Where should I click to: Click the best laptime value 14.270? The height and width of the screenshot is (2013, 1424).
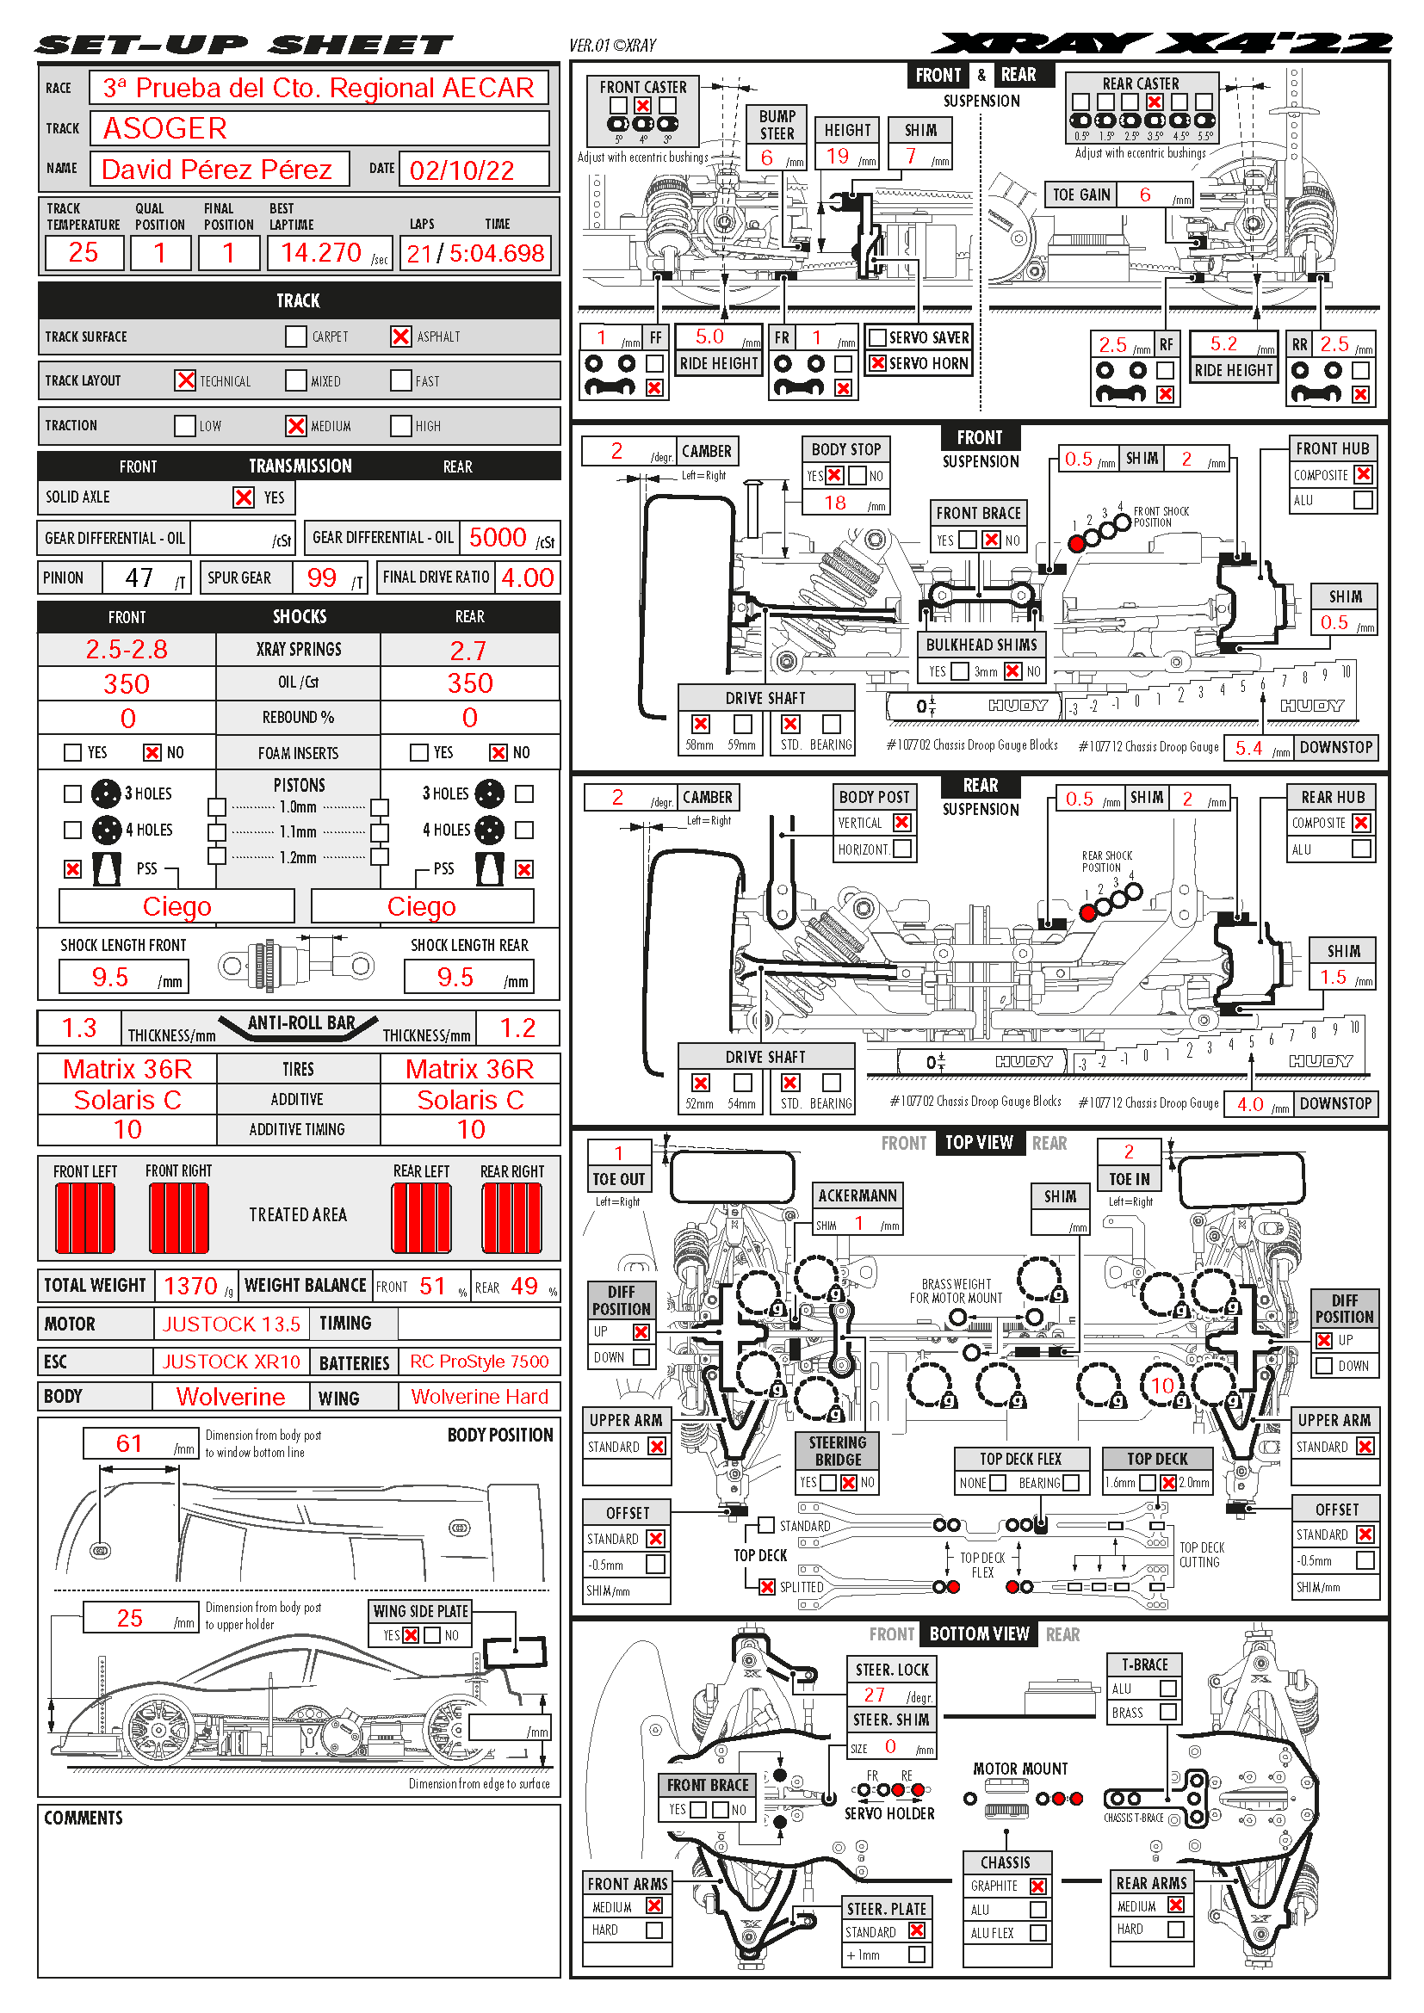[x=321, y=253]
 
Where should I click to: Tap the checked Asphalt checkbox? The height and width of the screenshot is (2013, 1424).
[x=400, y=337]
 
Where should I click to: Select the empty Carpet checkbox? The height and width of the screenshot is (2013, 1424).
[x=295, y=337]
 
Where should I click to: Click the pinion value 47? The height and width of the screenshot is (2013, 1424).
[x=139, y=577]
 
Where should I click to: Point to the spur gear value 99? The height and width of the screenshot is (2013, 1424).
[x=322, y=577]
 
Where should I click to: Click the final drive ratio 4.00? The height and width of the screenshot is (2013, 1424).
[x=527, y=577]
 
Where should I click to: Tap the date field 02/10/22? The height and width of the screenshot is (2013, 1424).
[x=462, y=170]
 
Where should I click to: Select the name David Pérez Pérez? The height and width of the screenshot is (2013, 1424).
[x=217, y=170]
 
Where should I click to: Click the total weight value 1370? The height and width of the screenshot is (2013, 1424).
[x=190, y=1286]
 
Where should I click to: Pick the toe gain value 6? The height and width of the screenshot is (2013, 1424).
[x=1145, y=195]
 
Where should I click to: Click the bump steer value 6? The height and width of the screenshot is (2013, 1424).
[x=767, y=157]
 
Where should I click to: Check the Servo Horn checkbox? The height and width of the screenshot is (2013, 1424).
[x=876, y=363]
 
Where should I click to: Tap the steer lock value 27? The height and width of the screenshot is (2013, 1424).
[x=874, y=1695]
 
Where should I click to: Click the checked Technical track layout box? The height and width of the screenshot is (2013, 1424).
[x=185, y=380]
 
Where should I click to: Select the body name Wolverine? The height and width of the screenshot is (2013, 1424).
[x=231, y=1397]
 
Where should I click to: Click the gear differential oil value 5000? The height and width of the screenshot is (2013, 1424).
[x=497, y=537]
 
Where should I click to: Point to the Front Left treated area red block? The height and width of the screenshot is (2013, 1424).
[x=85, y=1218]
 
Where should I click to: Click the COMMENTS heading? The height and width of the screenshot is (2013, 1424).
[x=84, y=1818]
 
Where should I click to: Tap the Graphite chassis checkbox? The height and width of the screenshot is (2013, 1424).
[x=1038, y=1886]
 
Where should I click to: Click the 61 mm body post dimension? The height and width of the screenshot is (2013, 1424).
[x=129, y=1443]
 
